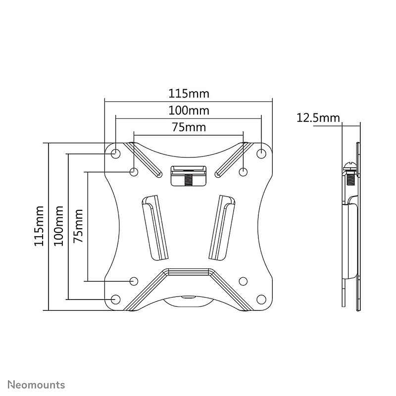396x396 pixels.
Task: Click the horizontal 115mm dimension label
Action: coord(189,94)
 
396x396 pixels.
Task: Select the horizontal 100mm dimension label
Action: coord(189,110)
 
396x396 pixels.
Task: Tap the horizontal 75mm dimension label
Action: coord(189,127)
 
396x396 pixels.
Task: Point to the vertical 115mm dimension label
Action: coord(39,226)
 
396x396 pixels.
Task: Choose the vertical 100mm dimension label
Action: coord(58,226)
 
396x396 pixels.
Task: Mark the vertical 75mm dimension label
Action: coord(78,226)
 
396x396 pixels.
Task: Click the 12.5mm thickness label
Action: coord(318,118)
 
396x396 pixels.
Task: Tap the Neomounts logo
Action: coord(36,385)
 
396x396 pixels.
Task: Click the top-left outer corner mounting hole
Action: coord(116,153)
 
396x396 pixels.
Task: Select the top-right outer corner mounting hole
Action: coord(261,153)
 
